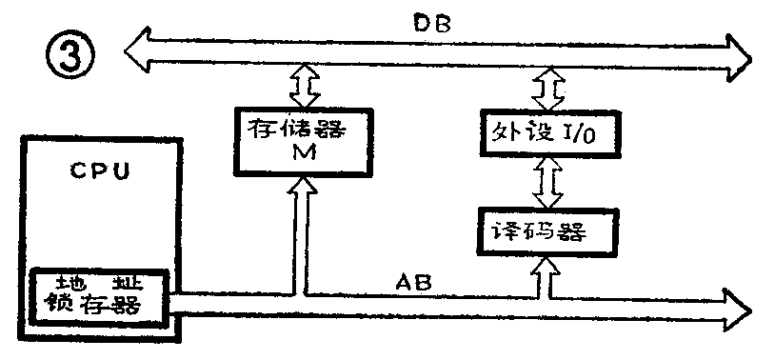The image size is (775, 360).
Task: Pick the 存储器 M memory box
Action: pyautogui.click(x=296, y=141)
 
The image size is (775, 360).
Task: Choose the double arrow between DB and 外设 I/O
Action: pyautogui.click(x=549, y=89)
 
